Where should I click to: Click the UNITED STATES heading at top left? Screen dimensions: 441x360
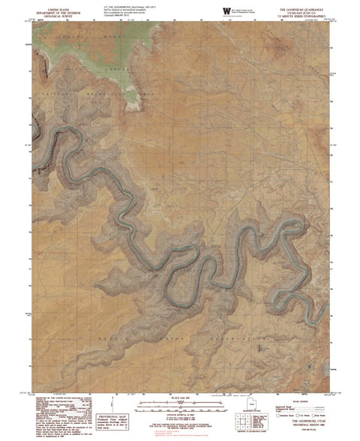60,5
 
